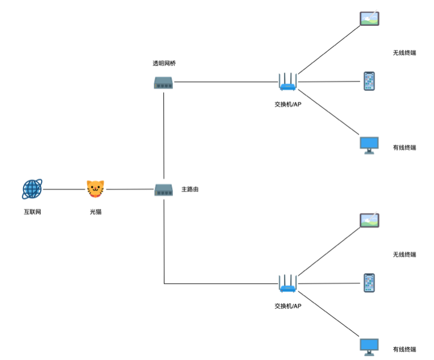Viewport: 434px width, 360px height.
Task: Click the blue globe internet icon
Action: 32,190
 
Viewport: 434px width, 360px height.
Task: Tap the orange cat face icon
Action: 95,189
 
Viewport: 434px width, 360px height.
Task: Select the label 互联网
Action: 32,212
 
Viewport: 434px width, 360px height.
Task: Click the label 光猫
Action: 96,212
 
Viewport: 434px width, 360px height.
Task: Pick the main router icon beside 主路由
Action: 163,190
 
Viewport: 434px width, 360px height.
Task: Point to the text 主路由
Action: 190,189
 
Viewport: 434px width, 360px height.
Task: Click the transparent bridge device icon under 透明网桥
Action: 163,83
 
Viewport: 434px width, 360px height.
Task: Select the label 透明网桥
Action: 164,63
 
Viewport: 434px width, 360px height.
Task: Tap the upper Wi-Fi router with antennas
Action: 288,82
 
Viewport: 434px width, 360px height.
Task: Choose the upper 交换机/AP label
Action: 288,104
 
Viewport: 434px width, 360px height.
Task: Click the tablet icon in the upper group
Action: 370,19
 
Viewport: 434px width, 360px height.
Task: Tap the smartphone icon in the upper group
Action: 369,81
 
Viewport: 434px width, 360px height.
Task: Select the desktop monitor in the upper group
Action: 369,145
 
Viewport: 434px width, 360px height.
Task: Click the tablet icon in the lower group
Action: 370,220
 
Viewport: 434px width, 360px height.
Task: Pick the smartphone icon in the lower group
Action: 369,283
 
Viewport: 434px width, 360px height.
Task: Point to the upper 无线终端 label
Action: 404,53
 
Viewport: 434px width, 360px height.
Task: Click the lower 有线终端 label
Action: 404,350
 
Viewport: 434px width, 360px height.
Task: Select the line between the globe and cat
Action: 64,190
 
